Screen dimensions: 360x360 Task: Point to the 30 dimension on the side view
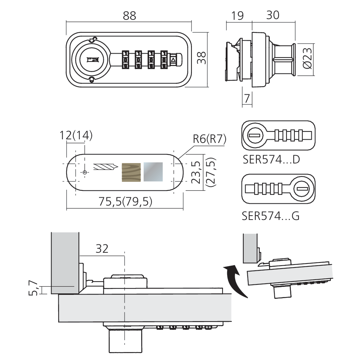(x=272, y=15)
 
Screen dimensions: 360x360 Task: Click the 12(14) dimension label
(x=76, y=136)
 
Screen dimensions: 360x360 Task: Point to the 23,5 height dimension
(x=196, y=172)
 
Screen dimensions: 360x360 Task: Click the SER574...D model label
(x=271, y=159)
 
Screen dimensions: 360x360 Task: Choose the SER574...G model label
(x=271, y=216)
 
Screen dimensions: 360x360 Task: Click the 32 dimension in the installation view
(x=102, y=248)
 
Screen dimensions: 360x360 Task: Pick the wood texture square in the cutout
(x=132, y=172)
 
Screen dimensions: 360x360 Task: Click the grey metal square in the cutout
(x=153, y=171)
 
